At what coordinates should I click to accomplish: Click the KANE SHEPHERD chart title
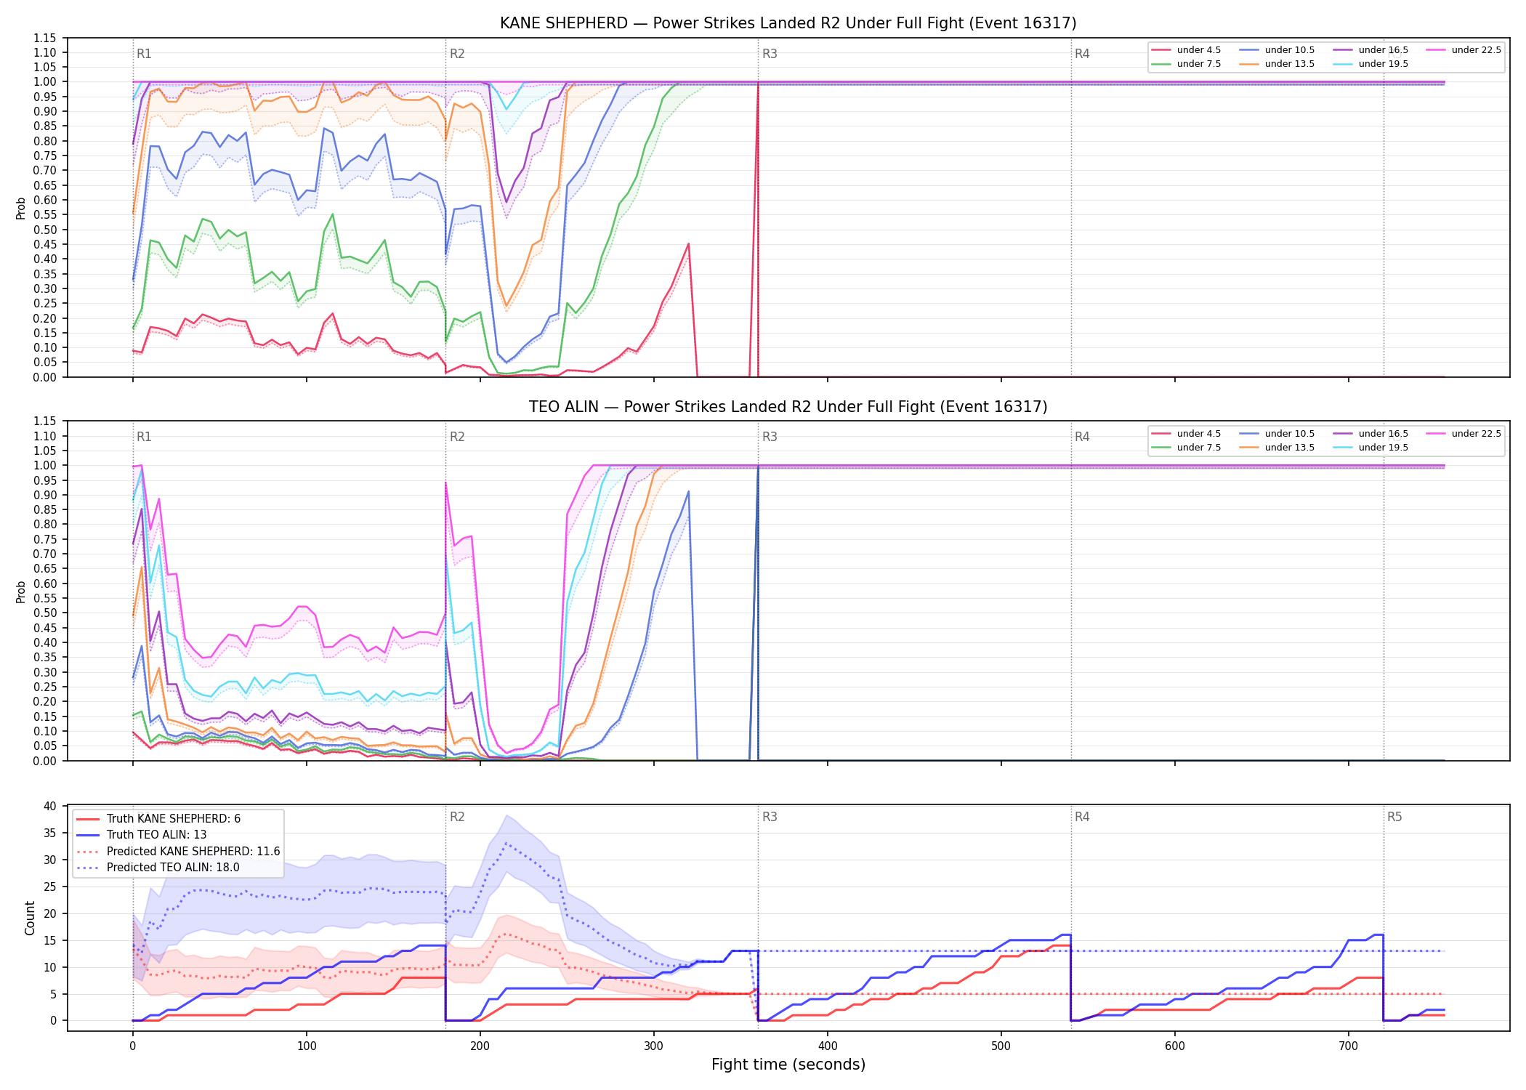[x=788, y=23]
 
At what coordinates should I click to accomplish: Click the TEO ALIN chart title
[x=788, y=407]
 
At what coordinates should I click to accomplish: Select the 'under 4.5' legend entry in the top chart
[x=1186, y=50]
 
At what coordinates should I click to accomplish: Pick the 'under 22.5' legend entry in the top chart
[x=1464, y=50]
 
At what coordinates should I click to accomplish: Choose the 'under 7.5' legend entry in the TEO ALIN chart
[x=1186, y=448]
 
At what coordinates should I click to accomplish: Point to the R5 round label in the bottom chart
[x=1394, y=817]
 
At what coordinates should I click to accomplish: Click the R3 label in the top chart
[x=770, y=54]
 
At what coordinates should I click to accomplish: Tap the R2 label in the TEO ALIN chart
[x=457, y=437]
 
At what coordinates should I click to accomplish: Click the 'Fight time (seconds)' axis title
[x=788, y=1065]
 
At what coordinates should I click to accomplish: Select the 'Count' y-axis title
[x=30, y=918]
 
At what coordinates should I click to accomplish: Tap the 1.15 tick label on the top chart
[x=44, y=38]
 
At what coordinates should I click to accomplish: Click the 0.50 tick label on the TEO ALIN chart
[x=44, y=613]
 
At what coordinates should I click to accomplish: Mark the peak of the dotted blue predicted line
[x=506, y=843]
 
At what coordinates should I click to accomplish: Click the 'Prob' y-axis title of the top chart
[x=21, y=208]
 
